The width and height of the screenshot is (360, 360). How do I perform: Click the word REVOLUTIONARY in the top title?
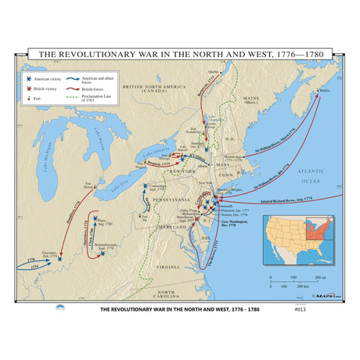click(x=120, y=54)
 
